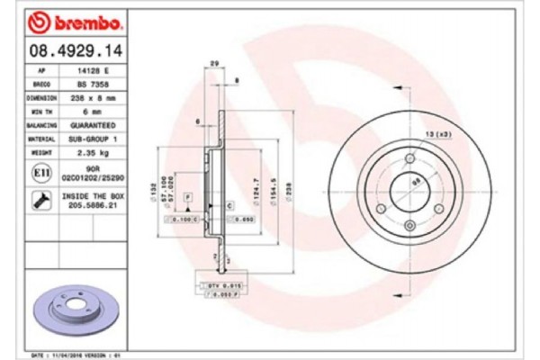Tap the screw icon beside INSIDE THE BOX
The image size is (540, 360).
click(41, 200)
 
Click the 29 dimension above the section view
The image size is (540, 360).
click(213, 62)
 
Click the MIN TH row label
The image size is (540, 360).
click(41, 111)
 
